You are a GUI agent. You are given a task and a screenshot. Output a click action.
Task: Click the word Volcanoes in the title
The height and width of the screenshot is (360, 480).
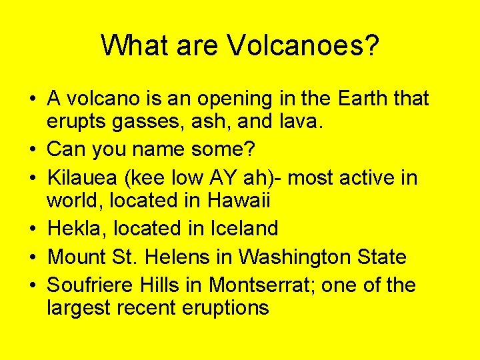click(303, 45)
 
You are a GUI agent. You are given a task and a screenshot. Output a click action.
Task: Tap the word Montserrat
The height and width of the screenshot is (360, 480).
click(263, 285)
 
